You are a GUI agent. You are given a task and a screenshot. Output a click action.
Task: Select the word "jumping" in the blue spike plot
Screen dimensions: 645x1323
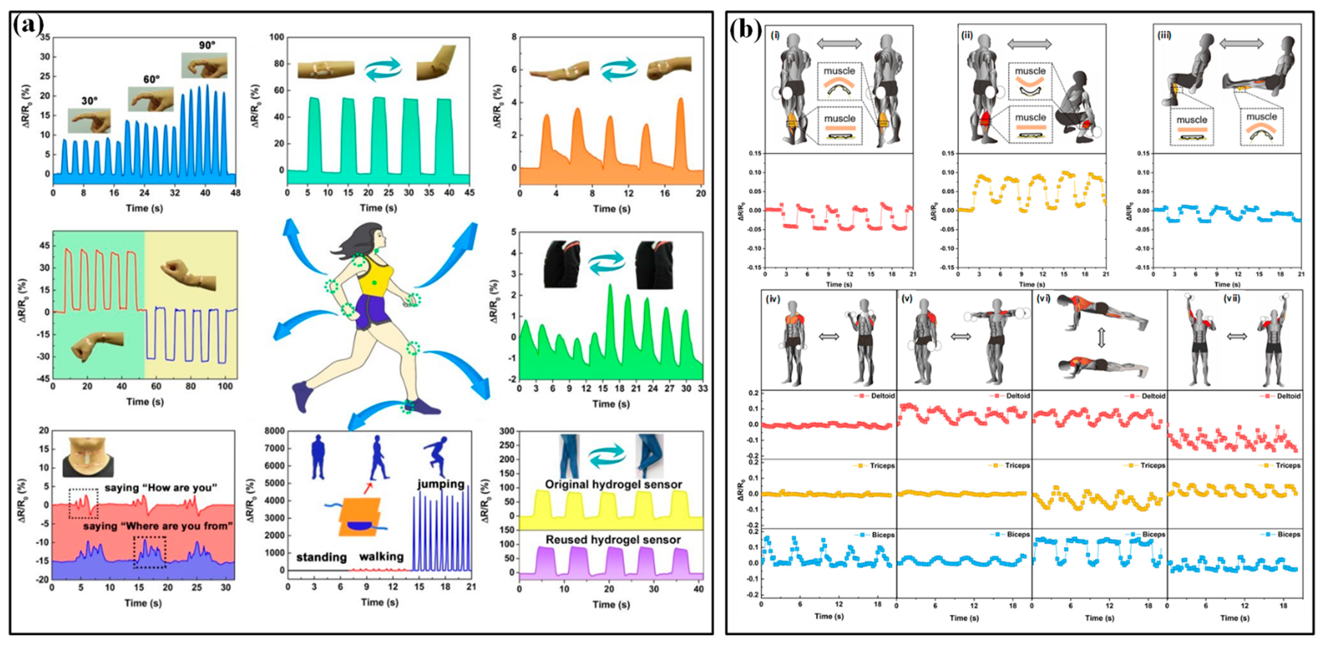pyautogui.click(x=441, y=484)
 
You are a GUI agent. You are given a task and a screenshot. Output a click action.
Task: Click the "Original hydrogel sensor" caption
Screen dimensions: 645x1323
pyautogui.click(x=613, y=484)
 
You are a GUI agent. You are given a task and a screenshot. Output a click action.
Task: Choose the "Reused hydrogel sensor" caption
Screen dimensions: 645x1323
pyautogui.click(x=613, y=540)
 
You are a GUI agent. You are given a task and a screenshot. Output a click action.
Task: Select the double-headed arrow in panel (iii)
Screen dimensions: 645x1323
pyautogui.click(x=1241, y=44)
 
